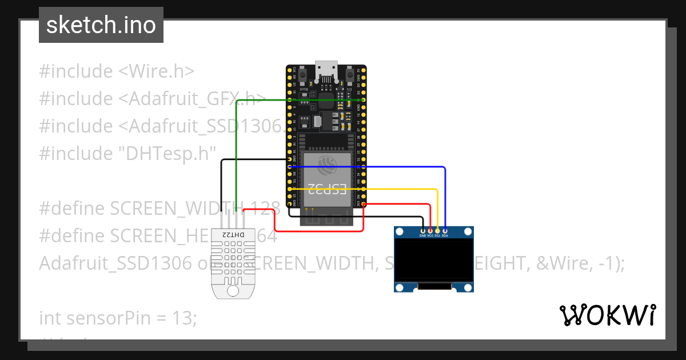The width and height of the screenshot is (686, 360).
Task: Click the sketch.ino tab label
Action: click(x=101, y=25)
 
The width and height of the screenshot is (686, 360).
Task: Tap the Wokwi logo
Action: click(x=607, y=315)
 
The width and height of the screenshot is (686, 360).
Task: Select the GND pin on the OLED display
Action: click(x=423, y=230)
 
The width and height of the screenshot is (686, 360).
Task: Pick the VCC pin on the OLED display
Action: click(x=430, y=230)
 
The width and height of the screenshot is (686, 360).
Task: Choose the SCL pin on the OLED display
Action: click(x=437, y=230)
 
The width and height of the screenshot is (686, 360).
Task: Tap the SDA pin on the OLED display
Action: click(x=445, y=230)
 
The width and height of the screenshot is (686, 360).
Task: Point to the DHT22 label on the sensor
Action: click(x=232, y=235)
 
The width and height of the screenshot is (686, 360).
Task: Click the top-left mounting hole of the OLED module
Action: click(x=400, y=231)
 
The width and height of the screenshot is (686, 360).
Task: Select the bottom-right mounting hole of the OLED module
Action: click(x=468, y=287)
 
